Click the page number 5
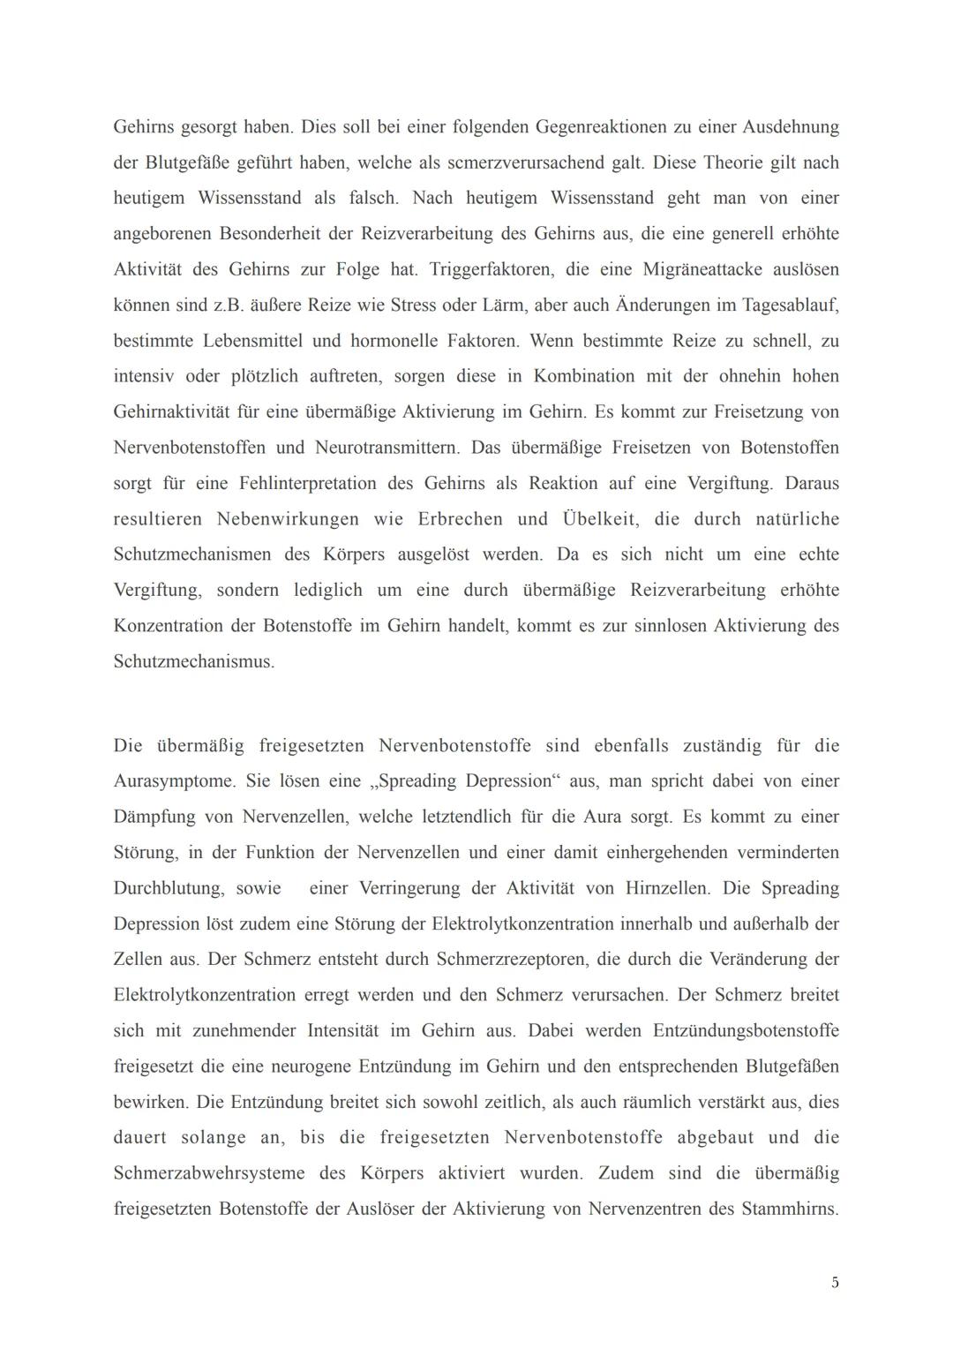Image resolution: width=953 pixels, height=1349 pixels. tap(835, 1283)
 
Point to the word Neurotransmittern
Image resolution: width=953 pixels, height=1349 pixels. tap(387, 448)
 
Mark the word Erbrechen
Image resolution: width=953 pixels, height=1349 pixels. tap(461, 519)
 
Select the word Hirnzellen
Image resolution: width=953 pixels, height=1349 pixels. tap(666, 888)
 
